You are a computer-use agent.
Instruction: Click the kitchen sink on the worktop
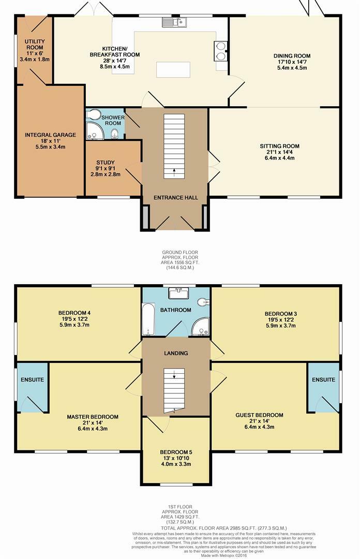click(x=174, y=22)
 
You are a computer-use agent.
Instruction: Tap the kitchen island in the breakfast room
click(x=173, y=69)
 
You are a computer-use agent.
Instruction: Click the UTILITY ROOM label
click(x=35, y=44)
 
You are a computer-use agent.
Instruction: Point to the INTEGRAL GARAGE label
click(x=50, y=135)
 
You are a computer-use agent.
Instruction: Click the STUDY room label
click(x=106, y=163)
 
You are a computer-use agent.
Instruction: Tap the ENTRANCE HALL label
click(x=176, y=198)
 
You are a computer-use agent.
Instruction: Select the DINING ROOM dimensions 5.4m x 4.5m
click(x=292, y=68)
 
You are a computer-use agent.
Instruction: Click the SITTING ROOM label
click(x=279, y=146)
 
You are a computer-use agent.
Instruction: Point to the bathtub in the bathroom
click(x=148, y=319)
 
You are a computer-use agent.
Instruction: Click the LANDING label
click(x=176, y=354)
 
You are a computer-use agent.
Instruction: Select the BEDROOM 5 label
click(x=176, y=452)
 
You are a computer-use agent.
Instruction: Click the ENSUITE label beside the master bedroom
click(x=33, y=380)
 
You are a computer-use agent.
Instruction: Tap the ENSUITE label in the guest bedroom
click(x=324, y=380)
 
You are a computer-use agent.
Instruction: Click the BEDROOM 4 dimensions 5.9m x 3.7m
click(x=74, y=325)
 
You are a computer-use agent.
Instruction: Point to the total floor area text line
click(x=224, y=528)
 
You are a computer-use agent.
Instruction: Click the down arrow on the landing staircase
click(x=174, y=375)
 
